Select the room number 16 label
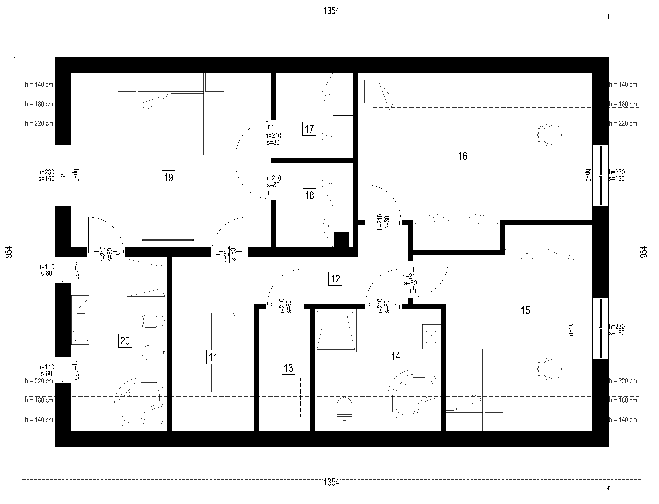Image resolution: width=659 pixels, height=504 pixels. [x=463, y=156]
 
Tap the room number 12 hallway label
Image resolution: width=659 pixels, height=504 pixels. [x=335, y=279]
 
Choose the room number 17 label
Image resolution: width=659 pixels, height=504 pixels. [x=309, y=129]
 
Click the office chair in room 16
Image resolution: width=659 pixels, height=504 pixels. [x=549, y=135]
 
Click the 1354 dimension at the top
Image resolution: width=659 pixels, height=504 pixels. [x=331, y=11]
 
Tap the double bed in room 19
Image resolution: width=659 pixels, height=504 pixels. [x=170, y=114]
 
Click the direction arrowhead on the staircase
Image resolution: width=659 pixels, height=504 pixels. [x=234, y=315]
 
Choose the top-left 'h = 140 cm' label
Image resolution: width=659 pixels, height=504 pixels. [x=39, y=85]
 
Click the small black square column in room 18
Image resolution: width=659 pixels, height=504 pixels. [x=342, y=240]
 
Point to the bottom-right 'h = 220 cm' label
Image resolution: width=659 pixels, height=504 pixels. [x=623, y=381]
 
